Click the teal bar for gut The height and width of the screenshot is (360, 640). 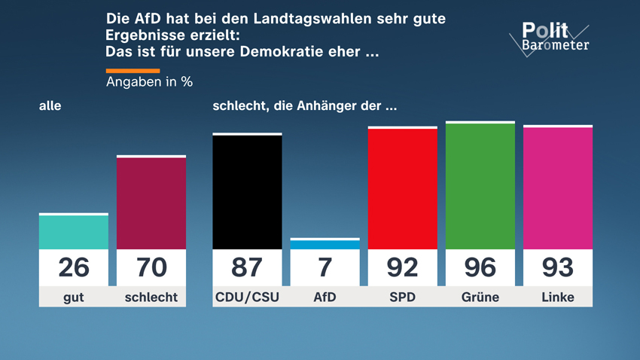tap(74, 232)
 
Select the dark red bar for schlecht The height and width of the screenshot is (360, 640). tap(151, 203)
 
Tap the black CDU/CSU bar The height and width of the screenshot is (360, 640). tap(247, 192)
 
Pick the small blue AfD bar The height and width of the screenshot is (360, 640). tap(325, 244)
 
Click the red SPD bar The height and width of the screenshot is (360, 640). tap(402, 188)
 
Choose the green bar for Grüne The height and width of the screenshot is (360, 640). tap(480, 186)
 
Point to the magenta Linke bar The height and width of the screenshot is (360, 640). tap(558, 188)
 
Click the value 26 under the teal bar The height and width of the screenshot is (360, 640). tap(74, 267)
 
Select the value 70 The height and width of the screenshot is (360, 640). tap(151, 267)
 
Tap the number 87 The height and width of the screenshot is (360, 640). tap(247, 267)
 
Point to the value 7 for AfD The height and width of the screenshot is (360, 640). tap(325, 267)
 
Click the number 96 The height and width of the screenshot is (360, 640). tap(480, 267)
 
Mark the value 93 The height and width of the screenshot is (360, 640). tap(558, 267)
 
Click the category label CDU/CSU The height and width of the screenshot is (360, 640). tap(247, 297)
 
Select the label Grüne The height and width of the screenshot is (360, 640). tap(480, 297)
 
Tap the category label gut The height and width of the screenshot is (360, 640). tap(74, 297)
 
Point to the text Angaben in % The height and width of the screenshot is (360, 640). tap(149, 82)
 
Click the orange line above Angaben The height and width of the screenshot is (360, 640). tap(133, 70)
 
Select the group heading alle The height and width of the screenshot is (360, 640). tap(50, 106)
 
